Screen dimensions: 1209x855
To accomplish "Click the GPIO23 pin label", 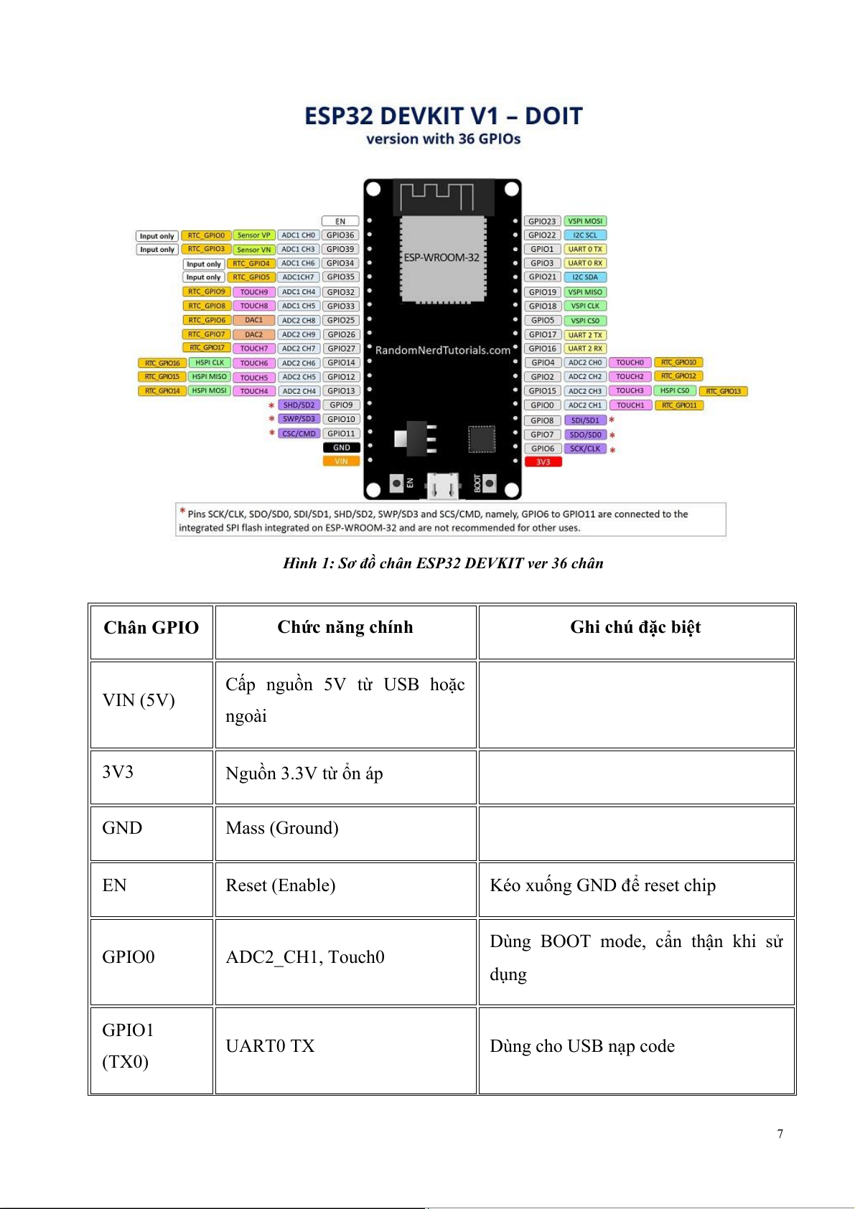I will pos(542,221).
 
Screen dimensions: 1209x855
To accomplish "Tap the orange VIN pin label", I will pos(341,461).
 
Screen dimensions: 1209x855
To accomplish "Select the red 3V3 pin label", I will pos(543,462).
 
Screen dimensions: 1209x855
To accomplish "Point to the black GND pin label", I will pos(341,448).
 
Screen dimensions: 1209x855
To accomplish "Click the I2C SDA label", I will pos(585,277).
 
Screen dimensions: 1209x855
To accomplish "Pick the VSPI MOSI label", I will pos(585,221).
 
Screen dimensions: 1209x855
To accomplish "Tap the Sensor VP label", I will pos(254,235).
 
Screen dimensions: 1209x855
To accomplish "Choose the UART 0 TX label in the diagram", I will pos(585,249).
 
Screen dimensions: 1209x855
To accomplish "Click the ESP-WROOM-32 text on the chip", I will pos(441,258).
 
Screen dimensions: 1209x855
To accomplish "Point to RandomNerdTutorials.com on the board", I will pos(443,350).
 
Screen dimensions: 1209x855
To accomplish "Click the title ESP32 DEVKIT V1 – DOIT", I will pos(443,116).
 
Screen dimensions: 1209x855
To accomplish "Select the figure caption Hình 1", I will pos(443,563).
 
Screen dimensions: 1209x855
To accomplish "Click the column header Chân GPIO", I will pos(151,628).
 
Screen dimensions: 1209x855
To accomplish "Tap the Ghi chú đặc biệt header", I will pos(635,628).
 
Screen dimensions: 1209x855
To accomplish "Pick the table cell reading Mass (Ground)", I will pos(282,828).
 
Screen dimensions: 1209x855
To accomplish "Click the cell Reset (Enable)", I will pos(281,885).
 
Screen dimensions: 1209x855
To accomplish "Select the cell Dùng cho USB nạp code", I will pos(582,1046).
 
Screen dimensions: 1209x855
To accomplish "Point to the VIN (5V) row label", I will pos(139,700).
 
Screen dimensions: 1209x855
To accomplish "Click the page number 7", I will pos(780,1134).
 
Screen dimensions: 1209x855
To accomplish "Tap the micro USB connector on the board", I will pos(443,486).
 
